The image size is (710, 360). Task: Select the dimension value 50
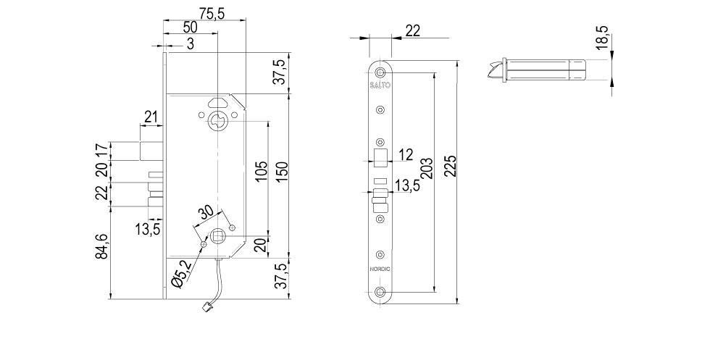click(190, 27)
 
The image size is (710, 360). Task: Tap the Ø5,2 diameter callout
click(183, 274)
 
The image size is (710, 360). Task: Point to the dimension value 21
click(151, 117)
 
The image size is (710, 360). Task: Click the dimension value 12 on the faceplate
click(405, 154)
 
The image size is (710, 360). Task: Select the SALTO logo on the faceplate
click(380, 85)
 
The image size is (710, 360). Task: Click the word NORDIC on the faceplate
click(380, 269)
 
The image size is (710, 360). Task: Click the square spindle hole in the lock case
click(217, 235)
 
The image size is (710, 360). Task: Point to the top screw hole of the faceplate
click(380, 72)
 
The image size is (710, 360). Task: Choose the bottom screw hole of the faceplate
click(380, 293)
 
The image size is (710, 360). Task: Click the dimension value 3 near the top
click(190, 43)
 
